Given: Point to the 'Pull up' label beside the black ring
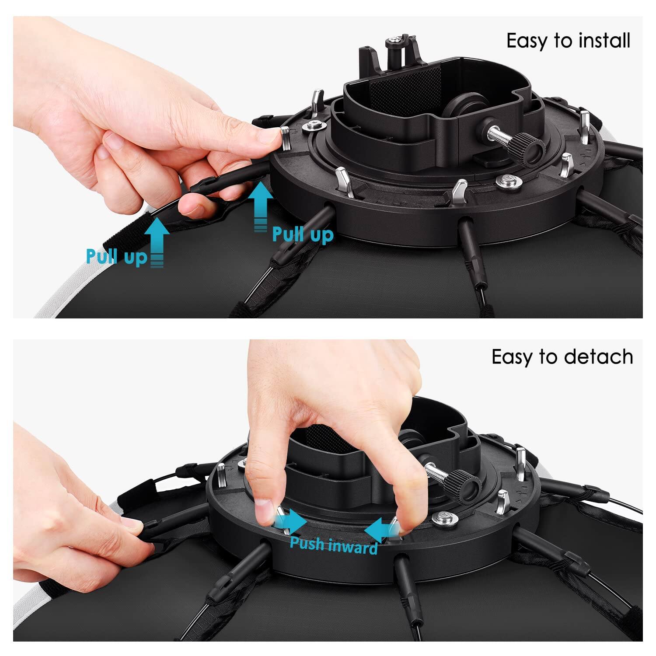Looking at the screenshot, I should pyautogui.click(x=303, y=234).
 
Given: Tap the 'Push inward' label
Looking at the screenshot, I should pyautogui.click(x=334, y=545).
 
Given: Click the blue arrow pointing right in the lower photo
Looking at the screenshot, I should pyautogui.click(x=291, y=520).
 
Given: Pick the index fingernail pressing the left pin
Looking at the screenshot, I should pyautogui.click(x=263, y=509).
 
